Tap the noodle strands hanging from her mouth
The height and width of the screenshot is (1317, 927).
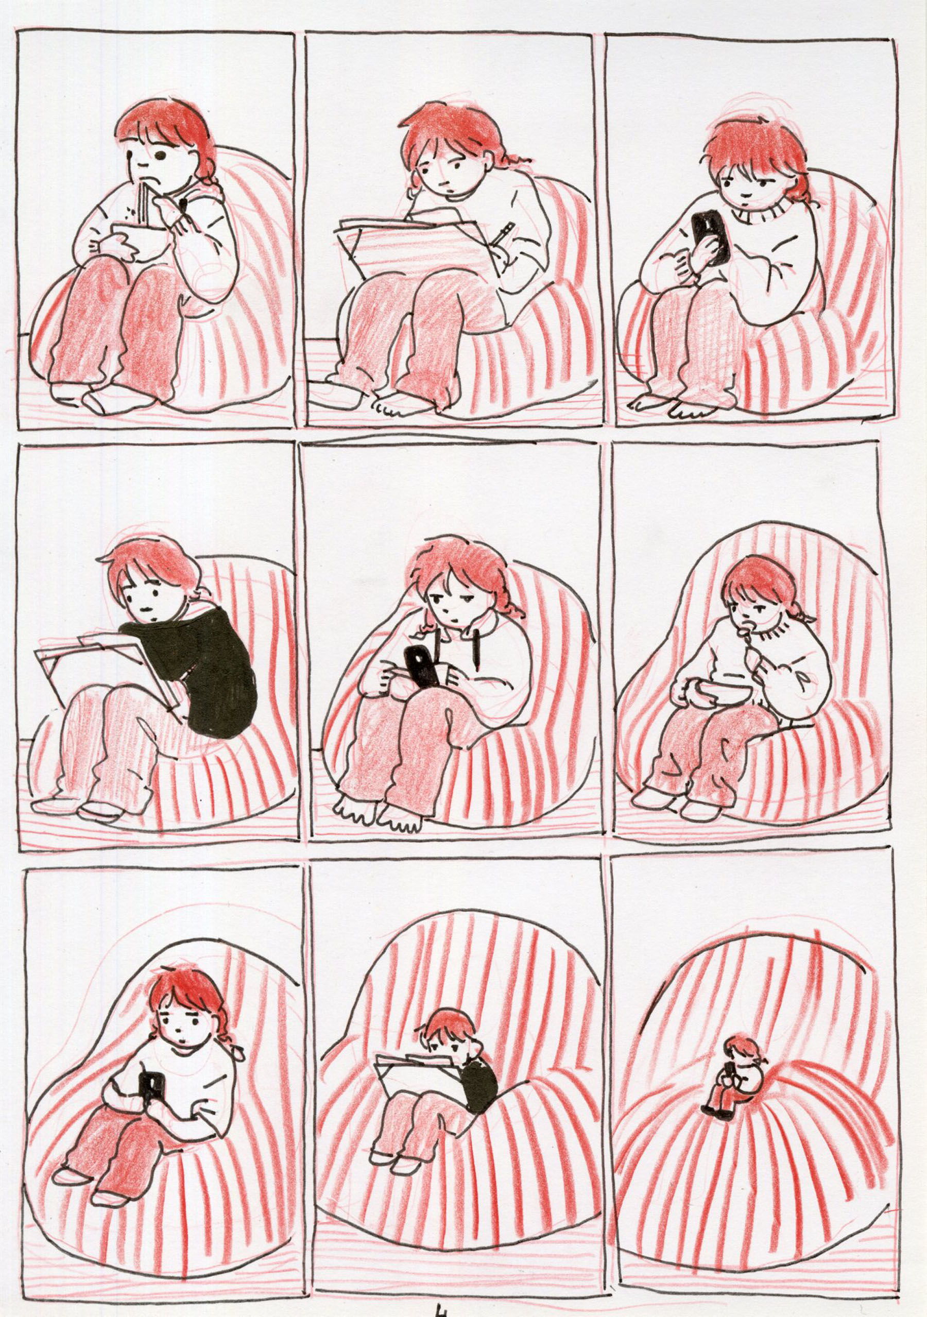click(141, 203)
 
